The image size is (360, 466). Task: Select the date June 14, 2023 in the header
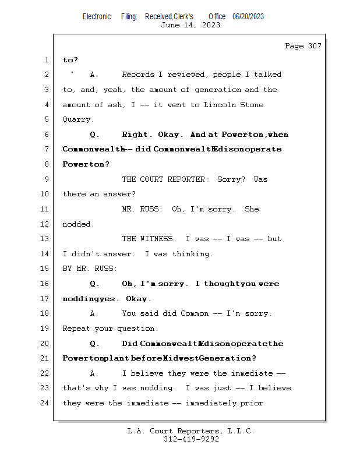click(190, 25)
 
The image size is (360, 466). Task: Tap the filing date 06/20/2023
click(248, 16)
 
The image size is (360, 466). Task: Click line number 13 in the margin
click(45, 239)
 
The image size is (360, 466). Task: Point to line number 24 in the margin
click(45, 403)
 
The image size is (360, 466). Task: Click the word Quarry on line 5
click(77, 119)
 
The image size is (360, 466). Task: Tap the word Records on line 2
click(138, 75)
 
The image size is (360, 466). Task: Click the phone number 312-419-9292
click(191, 440)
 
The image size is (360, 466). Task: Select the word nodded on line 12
click(77, 224)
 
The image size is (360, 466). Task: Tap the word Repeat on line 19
click(77, 329)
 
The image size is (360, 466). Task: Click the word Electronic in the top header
click(97, 16)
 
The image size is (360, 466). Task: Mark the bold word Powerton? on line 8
click(86, 164)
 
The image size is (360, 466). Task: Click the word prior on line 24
click(252, 403)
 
